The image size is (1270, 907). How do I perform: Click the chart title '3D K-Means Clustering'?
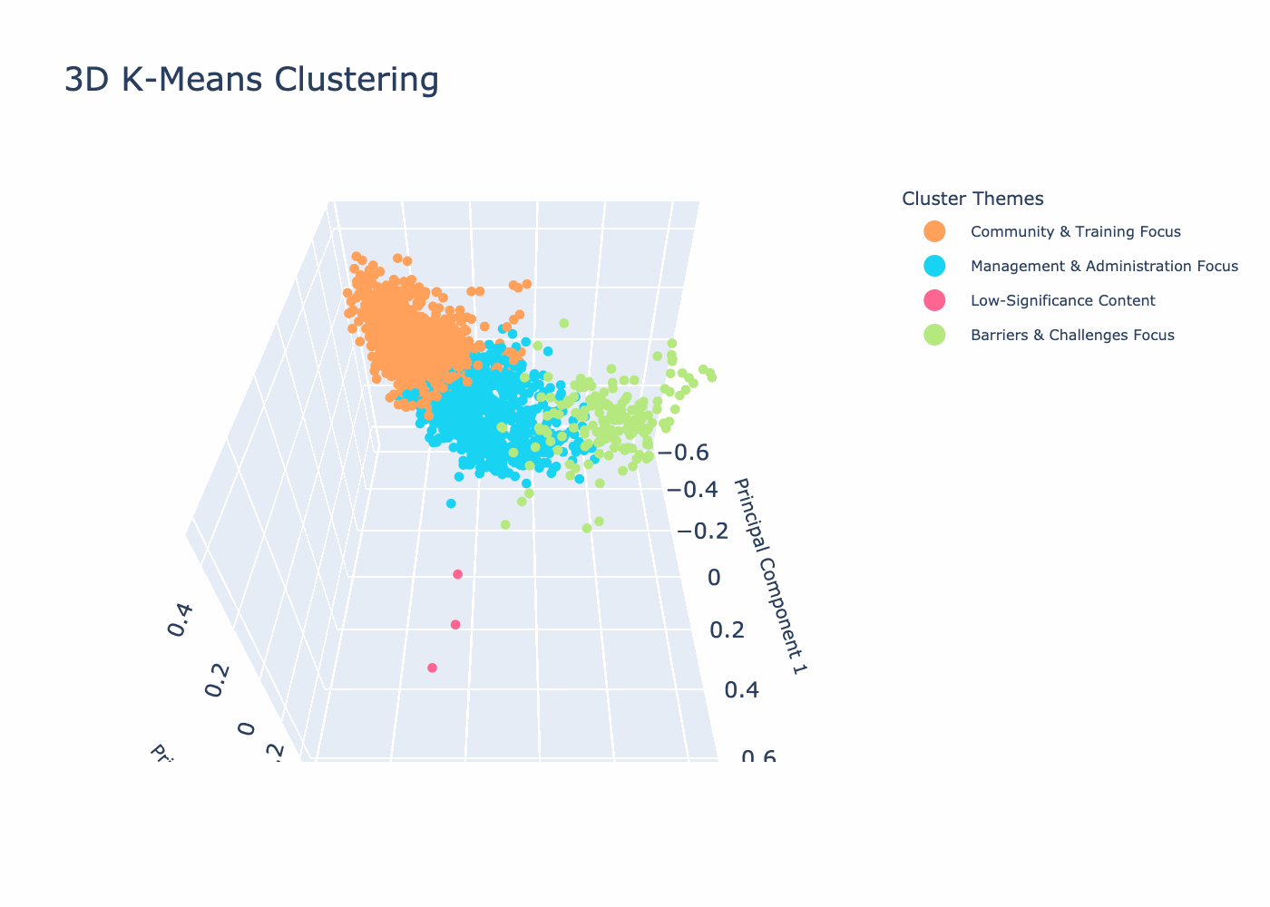point(251,81)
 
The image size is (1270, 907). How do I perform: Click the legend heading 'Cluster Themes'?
point(972,199)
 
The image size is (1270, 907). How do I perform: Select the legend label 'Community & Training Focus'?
point(1075,232)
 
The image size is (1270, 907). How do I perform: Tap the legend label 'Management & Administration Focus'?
point(1103,267)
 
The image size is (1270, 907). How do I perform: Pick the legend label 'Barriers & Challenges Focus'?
point(1072,336)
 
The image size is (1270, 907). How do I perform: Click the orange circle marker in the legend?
point(934,232)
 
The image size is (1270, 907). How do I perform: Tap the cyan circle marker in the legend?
point(934,267)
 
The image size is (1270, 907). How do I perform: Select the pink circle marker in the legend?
point(934,301)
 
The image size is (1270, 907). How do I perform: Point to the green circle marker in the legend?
point(934,336)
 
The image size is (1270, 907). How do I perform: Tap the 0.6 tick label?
point(758,757)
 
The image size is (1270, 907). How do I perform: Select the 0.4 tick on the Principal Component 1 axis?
point(743,691)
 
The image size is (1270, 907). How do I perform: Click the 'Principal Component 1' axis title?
point(770,577)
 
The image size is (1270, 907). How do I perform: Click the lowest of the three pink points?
point(432,668)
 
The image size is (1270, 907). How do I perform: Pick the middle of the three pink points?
point(455,624)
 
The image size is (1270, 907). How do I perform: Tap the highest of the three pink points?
point(457,574)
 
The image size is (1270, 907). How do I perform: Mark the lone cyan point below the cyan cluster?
point(451,503)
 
